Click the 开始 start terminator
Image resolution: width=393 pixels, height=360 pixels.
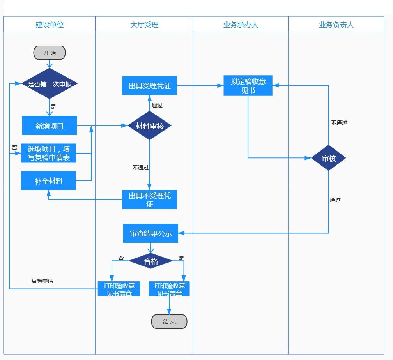click(50, 53)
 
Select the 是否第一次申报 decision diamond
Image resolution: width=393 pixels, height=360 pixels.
click(50, 84)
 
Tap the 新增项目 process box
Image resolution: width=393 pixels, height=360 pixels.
click(50, 125)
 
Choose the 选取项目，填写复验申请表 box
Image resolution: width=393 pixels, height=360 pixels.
click(49, 153)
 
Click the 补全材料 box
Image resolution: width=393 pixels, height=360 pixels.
click(49, 181)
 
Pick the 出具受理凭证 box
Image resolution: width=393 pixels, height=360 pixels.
click(149, 86)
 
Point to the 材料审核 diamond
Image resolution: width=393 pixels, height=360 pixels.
click(150, 125)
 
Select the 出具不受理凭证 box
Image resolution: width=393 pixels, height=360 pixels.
click(149, 199)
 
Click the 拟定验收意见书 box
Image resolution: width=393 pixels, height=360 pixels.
click(248, 86)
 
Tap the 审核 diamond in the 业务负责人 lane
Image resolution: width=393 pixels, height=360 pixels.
click(329, 158)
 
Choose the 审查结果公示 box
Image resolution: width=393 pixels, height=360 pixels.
click(150, 233)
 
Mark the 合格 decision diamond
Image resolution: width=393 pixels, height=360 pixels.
click(151, 261)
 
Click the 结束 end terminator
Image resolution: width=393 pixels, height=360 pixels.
click(169, 322)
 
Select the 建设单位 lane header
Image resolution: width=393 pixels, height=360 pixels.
click(50, 25)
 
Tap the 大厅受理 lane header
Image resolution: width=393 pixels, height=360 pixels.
click(144, 25)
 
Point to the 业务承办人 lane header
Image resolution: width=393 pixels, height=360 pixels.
click(241, 25)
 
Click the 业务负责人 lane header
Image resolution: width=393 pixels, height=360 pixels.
click(336, 25)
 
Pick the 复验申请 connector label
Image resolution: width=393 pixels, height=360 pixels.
click(42, 281)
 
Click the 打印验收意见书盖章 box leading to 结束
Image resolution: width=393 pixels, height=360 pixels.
click(169, 289)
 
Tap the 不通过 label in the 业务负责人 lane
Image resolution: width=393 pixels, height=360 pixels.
click(339, 123)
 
